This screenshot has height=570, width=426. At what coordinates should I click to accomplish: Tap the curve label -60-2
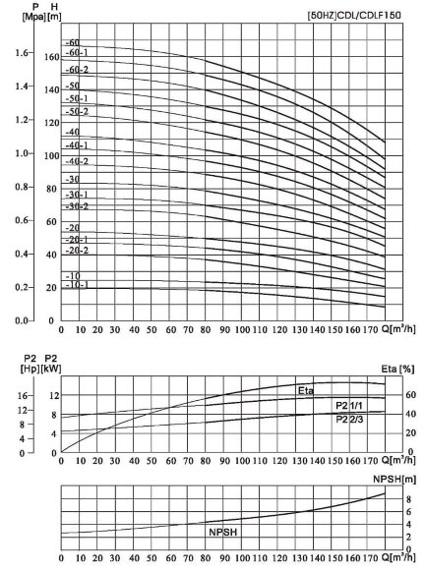pyautogui.click(x=76, y=70)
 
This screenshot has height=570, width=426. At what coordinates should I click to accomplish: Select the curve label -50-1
pyautogui.click(x=76, y=99)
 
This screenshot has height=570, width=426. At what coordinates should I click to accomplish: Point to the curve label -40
pyautogui.click(x=71, y=132)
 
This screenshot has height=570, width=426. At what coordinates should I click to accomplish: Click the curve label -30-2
pyautogui.click(x=76, y=206)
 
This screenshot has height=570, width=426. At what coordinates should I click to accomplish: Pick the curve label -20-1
pyautogui.click(x=76, y=239)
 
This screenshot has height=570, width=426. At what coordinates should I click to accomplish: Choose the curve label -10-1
pyautogui.click(x=76, y=285)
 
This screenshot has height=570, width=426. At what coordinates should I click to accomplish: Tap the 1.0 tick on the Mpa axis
pyautogui.click(x=22, y=154)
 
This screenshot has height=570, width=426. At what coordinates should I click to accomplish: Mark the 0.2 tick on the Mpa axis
pyautogui.click(x=22, y=288)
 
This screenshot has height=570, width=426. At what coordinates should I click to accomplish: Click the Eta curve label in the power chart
pyautogui.click(x=305, y=391)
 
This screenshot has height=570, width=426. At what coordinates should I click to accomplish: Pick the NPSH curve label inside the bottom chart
pyautogui.click(x=224, y=531)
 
